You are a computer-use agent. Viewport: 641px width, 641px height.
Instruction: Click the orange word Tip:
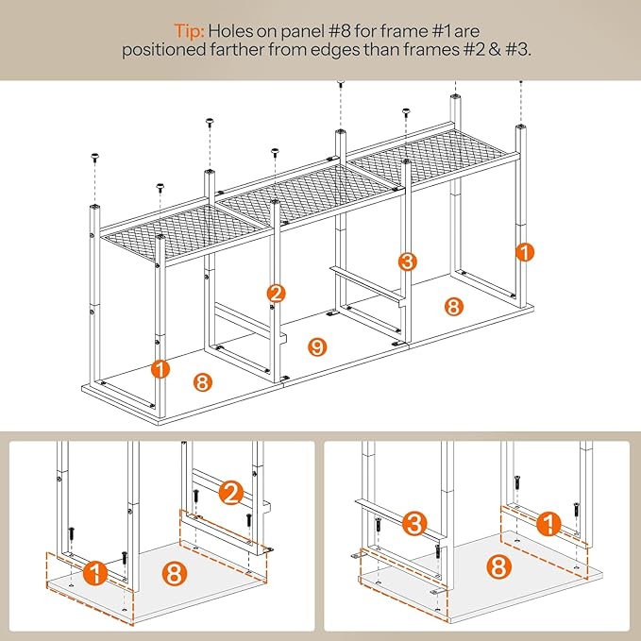click(x=189, y=31)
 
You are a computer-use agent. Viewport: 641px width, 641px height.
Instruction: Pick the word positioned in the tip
click(x=163, y=51)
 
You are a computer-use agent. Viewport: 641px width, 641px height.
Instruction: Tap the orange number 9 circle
click(x=317, y=347)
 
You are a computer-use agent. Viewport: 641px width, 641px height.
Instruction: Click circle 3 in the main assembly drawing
click(x=408, y=261)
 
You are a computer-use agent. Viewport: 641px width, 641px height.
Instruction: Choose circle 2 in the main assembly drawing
click(x=276, y=294)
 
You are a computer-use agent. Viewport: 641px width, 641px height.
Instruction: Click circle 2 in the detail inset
click(x=231, y=493)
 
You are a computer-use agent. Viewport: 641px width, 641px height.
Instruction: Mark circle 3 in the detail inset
click(x=414, y=524)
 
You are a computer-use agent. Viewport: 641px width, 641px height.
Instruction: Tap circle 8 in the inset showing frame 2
click(x=175, y=573)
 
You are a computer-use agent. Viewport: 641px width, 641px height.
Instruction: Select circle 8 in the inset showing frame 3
click(x=498, y=567)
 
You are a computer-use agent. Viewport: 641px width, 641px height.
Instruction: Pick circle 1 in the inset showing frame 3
click(x=548, y=523)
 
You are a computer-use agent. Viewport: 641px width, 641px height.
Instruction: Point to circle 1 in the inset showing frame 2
click(x=95, y=573)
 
